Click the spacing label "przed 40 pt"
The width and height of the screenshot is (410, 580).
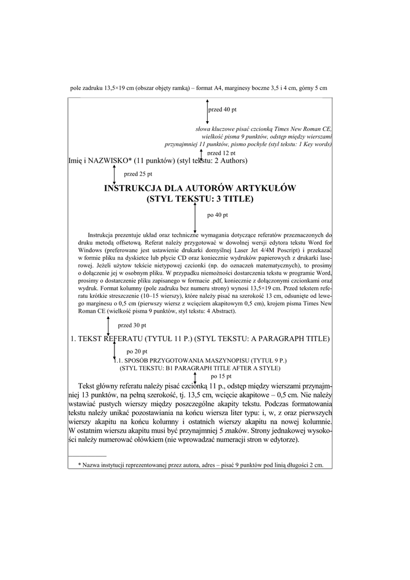[223, 109]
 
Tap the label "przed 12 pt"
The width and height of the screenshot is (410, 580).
[221, 153]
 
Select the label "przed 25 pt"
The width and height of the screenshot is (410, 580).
[138, 174]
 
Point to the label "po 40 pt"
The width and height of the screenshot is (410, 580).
[217, 215]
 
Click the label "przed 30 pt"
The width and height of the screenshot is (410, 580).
[132, 326]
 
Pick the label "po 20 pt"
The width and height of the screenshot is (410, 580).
[137, 352]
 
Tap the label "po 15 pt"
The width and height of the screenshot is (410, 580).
[221, 376]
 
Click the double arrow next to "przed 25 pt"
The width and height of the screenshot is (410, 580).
[114, 175]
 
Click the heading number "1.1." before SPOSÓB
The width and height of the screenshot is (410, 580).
[119, 360]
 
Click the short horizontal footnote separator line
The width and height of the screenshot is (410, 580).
[87, 455]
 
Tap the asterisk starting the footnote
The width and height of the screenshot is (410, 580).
[80, 464]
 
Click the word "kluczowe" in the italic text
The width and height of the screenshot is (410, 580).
[221, 129]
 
